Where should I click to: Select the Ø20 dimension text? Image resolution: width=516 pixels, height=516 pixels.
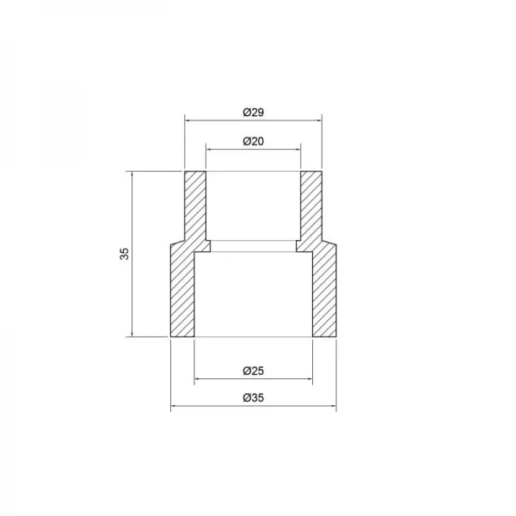[x=253, y=141]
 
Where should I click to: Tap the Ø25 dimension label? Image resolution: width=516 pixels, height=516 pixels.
[x=253, y=371]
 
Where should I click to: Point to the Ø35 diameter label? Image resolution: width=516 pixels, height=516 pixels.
[x=253, y=397]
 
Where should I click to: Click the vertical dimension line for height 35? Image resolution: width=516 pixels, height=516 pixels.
[x=132, y=284]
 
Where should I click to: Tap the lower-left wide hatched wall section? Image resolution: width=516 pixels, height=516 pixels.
[x=182, y=292]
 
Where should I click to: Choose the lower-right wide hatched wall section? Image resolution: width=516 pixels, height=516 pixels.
[x=324, y=292]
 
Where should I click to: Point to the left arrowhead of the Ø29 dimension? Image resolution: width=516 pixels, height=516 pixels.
[x=189, y=120]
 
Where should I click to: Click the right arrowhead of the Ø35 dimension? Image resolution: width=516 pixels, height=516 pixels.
[x=333, y=406]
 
